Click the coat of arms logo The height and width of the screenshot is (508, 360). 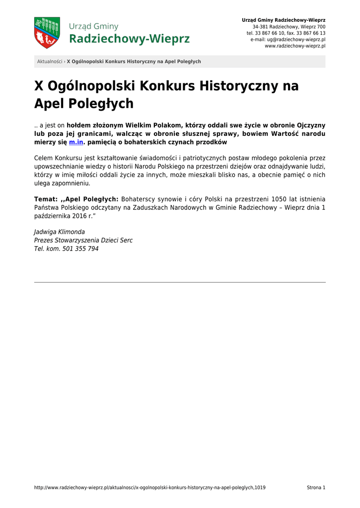pyautogui.click(x=47, y=33)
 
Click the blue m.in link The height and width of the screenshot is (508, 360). pyautogui.click(x=76, y=142)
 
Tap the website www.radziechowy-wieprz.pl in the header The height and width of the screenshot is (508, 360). pyautogui.click(x=295, y=46)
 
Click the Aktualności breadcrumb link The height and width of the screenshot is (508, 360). pyautogui.click(x=50, y=62)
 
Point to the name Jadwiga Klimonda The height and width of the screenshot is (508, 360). pyautogui.click(x=60, y=232)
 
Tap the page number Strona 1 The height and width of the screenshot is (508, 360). pyautogui.click(x=316, y=488)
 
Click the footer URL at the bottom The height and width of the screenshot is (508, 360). pyautogui.click(x=149, y=488)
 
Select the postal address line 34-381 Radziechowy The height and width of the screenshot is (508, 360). pyautogui.click(x=289, y=26)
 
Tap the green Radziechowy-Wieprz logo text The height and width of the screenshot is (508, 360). pyautogui.click(x=129, y=39)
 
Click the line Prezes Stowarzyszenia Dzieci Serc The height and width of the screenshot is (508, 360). pyautogui.click(x=83, y=240)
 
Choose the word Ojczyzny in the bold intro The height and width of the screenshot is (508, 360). pyautogui.click(x=311, y=126)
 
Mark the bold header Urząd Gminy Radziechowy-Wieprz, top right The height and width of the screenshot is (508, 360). pyautogui.click(x=284, y=20)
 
